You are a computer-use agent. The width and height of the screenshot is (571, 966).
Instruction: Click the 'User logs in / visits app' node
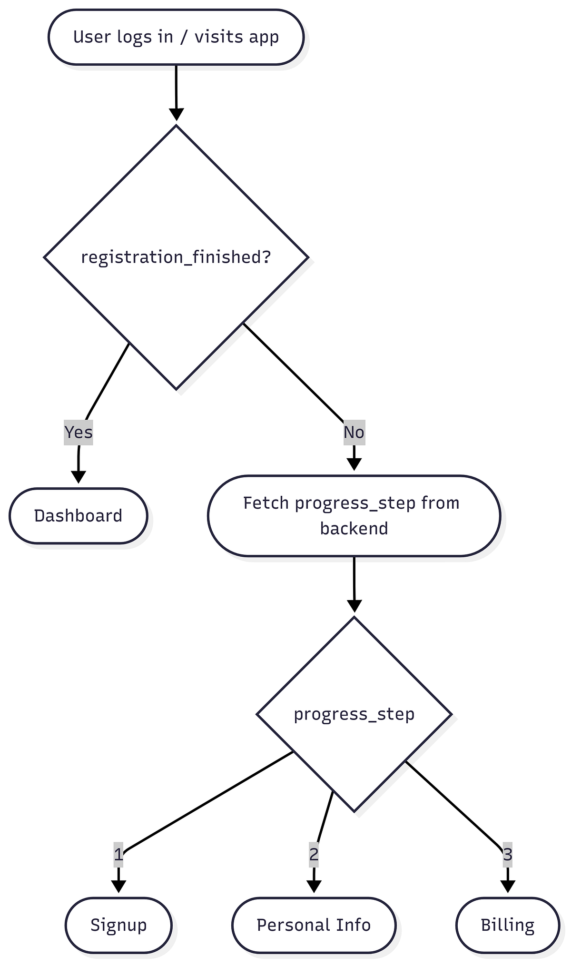pyautogui.click(x=176, y=37)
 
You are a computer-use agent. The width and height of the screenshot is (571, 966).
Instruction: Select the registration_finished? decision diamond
pyautogui.click(x=176, y=257)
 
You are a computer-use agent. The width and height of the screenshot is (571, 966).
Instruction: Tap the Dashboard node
pyautogui.click(x=79, y=516)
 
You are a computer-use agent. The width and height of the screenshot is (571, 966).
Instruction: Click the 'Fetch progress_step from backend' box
pyautogui.click(x=354, y=516)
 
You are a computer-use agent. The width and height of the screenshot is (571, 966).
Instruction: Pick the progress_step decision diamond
pyautogui.click(x=354, y=714)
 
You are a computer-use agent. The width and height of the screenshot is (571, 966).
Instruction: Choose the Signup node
pyautogui.click(x=118, y=925)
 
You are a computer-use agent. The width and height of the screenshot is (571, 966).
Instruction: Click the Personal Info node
pyautogui.click(x=314, y=925)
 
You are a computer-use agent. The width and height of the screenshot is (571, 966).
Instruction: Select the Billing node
pyautogui.click(x=508, y=925)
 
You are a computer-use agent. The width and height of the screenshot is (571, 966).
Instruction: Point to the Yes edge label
pyautogui.click(x=79, y=432)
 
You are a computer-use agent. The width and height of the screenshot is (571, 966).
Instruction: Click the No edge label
pyautogui.click(x=354, y=432)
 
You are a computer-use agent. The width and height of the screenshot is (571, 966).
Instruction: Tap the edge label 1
pyautogui.click(x=118, y=855)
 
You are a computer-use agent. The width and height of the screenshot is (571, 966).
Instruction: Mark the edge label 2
pyautogui.click(x=314, y=855)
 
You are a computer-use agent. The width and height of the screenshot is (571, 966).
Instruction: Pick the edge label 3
pyautogui.click(x=508, y=855)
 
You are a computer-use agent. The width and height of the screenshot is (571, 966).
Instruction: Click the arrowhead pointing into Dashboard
pyautogui.click(x=79, y=477)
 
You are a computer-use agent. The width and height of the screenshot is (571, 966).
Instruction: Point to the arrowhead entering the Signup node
pyautogui.click(x=118, y=887)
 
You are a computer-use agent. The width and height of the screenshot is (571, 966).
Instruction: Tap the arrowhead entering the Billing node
pyautogui.click(x=508, y=887)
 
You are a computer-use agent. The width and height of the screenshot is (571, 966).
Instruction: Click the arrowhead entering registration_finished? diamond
pyautogui.click(x=176, y=115)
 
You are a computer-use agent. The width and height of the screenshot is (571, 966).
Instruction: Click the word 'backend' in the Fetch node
pyautogui.click(x=354, y=529)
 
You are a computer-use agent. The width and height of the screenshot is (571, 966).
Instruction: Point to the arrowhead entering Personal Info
pyautogui.click(x=314, y=887)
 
